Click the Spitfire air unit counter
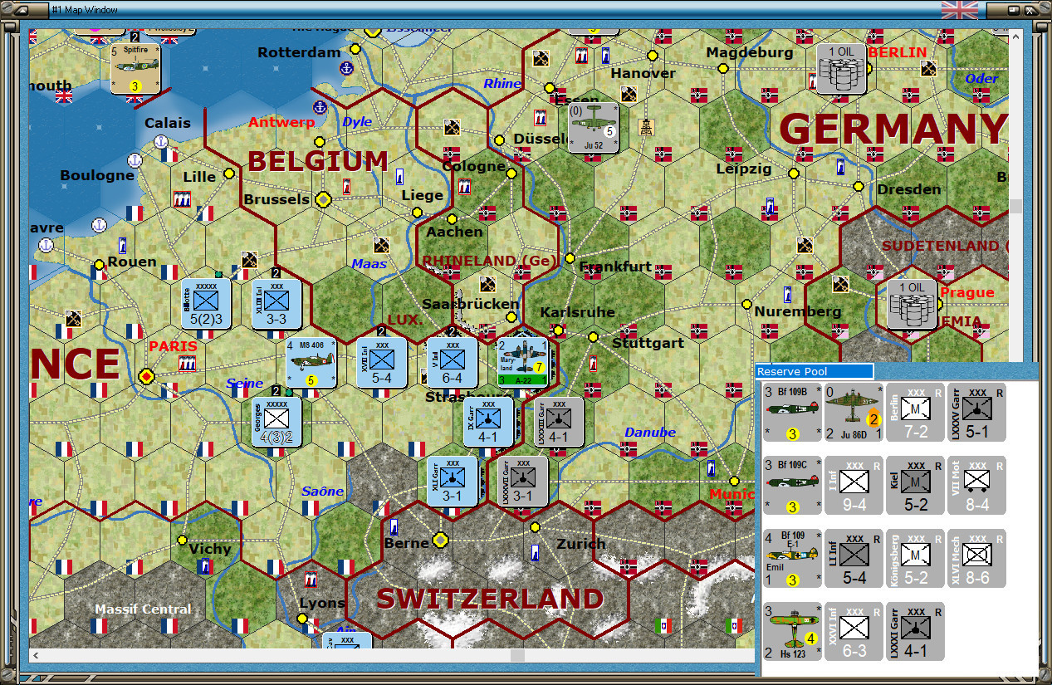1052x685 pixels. pos(135,69)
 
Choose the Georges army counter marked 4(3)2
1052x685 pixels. pos(276,422)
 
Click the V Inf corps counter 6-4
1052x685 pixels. pos(453,362)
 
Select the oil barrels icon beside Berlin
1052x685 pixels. pos(841,69)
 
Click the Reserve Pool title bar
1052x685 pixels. pos(815,371)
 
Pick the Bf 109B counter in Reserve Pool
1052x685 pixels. pos(792,411)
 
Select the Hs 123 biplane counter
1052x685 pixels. pos(792,631)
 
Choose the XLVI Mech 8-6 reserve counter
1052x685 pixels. pos(976,558)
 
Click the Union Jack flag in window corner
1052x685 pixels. pos(959,10)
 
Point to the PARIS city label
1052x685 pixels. pos(173,346)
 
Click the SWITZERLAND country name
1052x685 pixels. pos(490,599)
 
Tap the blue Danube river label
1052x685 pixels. pos(649,433)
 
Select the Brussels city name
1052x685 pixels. pos(276,200)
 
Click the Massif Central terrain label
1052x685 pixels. pos(143,609)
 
